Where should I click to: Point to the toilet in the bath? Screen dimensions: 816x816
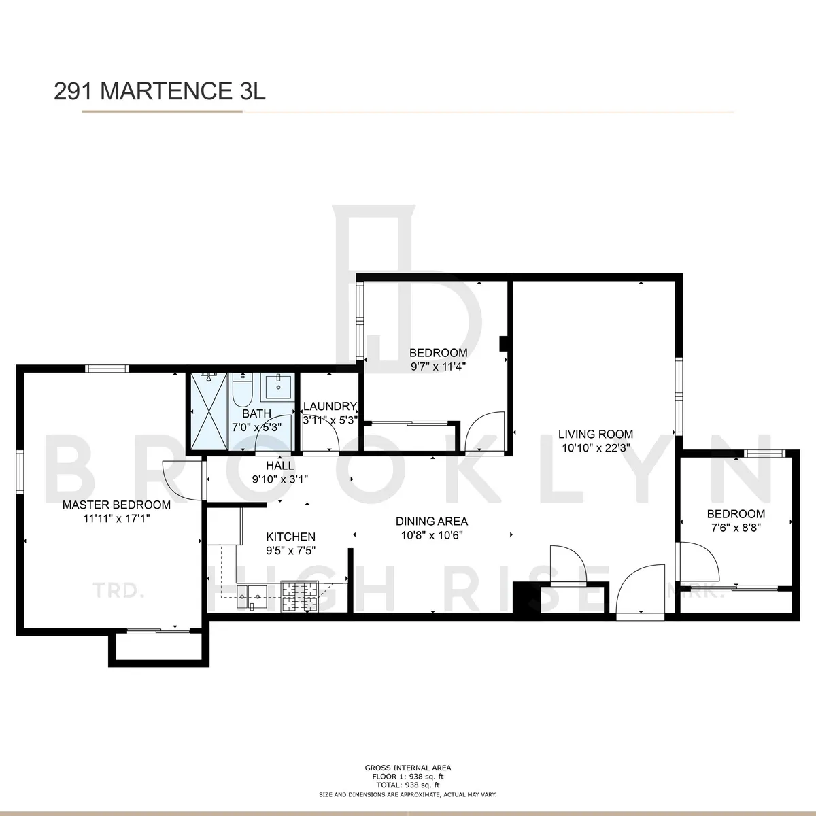(241, 392)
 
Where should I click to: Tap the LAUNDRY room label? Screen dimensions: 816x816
(330, 406)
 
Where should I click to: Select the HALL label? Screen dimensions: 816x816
(279, 466)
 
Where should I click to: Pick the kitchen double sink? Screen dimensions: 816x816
(251, 596)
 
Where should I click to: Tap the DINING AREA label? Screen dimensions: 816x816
(432, 522)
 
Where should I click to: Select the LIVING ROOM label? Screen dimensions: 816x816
(596, 434)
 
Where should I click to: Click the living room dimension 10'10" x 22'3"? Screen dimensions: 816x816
(596, 447)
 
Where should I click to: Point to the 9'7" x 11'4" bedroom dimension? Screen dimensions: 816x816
(438, 366)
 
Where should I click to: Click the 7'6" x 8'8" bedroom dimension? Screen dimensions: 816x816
(736, 527)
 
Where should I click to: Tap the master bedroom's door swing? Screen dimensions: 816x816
(181, 480)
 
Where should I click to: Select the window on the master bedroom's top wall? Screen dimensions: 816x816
(107, 369)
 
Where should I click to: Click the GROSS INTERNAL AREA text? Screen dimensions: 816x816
(407, 768)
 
